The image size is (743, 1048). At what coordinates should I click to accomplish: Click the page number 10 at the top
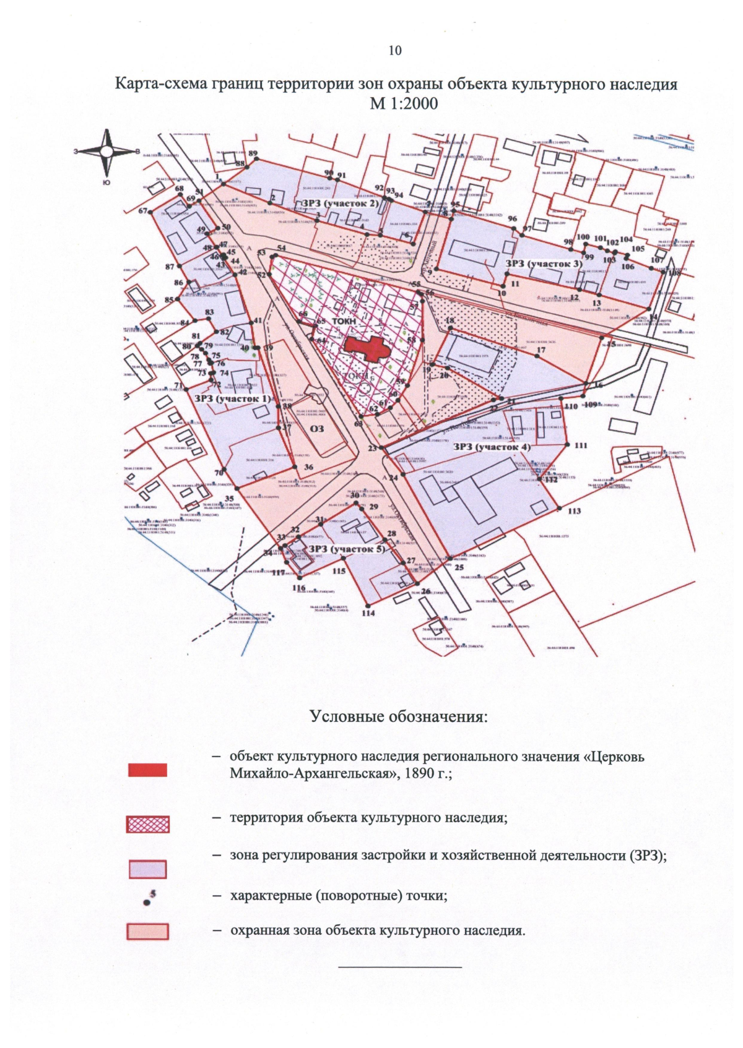tap(395, 51)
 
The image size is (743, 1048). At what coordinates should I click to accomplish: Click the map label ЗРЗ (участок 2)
tap(339, 204)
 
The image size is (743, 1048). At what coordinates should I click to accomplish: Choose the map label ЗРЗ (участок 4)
tap(492, 447)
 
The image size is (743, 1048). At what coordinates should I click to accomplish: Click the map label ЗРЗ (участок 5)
tap(347, 549)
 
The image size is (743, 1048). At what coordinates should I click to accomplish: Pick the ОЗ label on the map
tap(316, 429)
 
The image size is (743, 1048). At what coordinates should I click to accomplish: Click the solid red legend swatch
tap(147, 770)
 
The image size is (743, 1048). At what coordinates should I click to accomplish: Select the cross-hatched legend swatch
tap(147, 824)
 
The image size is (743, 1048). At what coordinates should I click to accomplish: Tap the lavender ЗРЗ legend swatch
tap(147, 869)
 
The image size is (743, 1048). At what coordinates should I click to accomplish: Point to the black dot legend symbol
tap(147, 903)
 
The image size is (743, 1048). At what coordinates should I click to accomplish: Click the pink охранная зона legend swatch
tap(147, 932)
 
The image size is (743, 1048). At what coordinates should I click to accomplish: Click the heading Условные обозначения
tap(399, 716)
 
